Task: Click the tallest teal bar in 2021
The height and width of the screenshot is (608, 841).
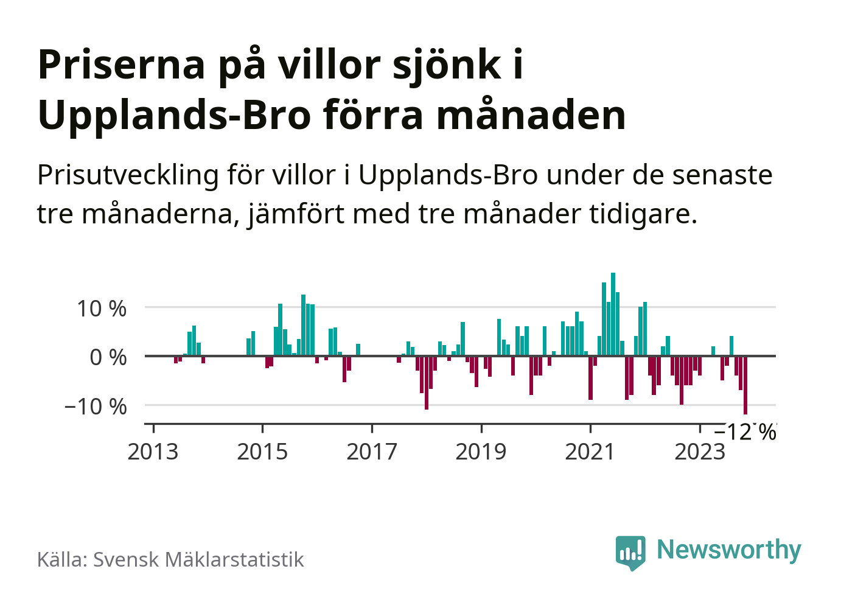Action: (x=613, y=314)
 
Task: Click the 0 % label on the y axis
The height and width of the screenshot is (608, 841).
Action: (x=108, y=357)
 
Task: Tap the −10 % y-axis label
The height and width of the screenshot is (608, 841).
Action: (x=96, y=406)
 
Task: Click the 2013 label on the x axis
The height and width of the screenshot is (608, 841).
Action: (x=153, y=452)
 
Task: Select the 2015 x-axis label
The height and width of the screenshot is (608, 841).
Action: (x=262, y=452)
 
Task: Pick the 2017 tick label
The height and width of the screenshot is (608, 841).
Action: (x=372, y=452)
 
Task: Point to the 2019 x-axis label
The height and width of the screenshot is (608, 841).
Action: (x=481, y=452)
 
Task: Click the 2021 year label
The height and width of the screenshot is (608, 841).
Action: (x=590, y=452)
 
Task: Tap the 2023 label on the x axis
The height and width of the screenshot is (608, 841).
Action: (x=700, y=452)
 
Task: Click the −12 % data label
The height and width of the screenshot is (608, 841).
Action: (x=745, y=432)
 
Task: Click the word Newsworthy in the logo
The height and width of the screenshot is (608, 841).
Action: (x=729, y=550)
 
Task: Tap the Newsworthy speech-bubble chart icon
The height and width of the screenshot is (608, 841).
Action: (x=630, y=552)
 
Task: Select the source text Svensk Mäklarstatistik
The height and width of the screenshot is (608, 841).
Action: (x=198, y=559)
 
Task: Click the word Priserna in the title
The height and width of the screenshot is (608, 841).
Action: (x=122, y=65)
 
